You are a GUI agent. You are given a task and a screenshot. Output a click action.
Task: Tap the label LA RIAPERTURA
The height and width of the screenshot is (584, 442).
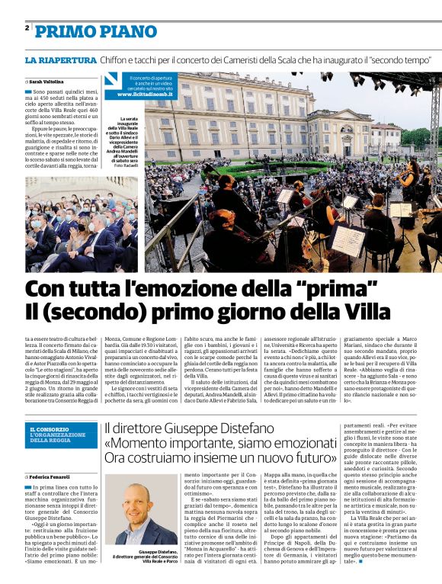[60, 59]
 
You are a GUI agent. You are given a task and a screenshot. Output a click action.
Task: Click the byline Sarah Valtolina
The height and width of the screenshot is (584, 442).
[47, 81]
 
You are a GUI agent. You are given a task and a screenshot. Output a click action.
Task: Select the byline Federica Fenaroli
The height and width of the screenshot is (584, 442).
[51, 476]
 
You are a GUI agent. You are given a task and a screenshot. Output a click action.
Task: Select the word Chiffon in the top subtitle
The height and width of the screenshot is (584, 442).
[120, 59]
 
